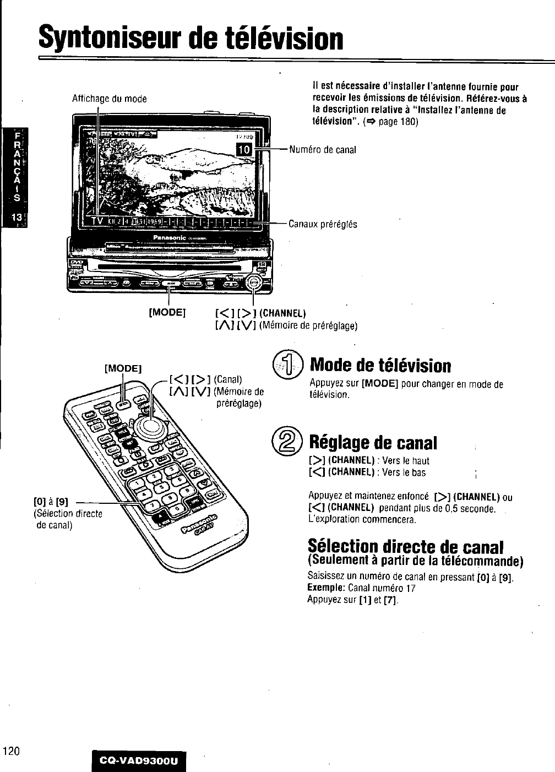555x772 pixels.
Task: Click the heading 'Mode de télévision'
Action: (x=380, y=365)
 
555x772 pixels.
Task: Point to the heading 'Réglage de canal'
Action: (x=373, y=443)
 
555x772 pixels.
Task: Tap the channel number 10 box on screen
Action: (x=244, y=149)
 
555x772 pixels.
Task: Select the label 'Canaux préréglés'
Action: (x=323, y=224)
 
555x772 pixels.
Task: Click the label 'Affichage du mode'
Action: (x=110, y=99)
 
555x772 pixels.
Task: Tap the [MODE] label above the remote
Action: (x=123, y=368)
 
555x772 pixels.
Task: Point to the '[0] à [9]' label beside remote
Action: (x=51, y=502)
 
